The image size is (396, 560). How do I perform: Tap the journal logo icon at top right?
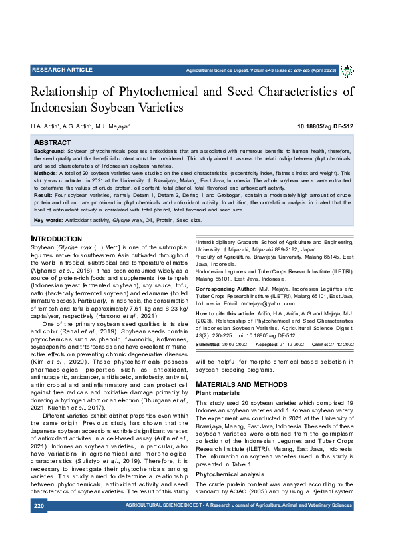[x=347, y=70]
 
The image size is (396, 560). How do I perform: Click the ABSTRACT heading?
[x=53, y=142]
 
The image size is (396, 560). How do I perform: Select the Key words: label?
[x=48, y=219]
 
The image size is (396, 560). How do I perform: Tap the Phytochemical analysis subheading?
[x=228, y=456]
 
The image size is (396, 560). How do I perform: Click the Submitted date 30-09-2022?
[x=234, y=345]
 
